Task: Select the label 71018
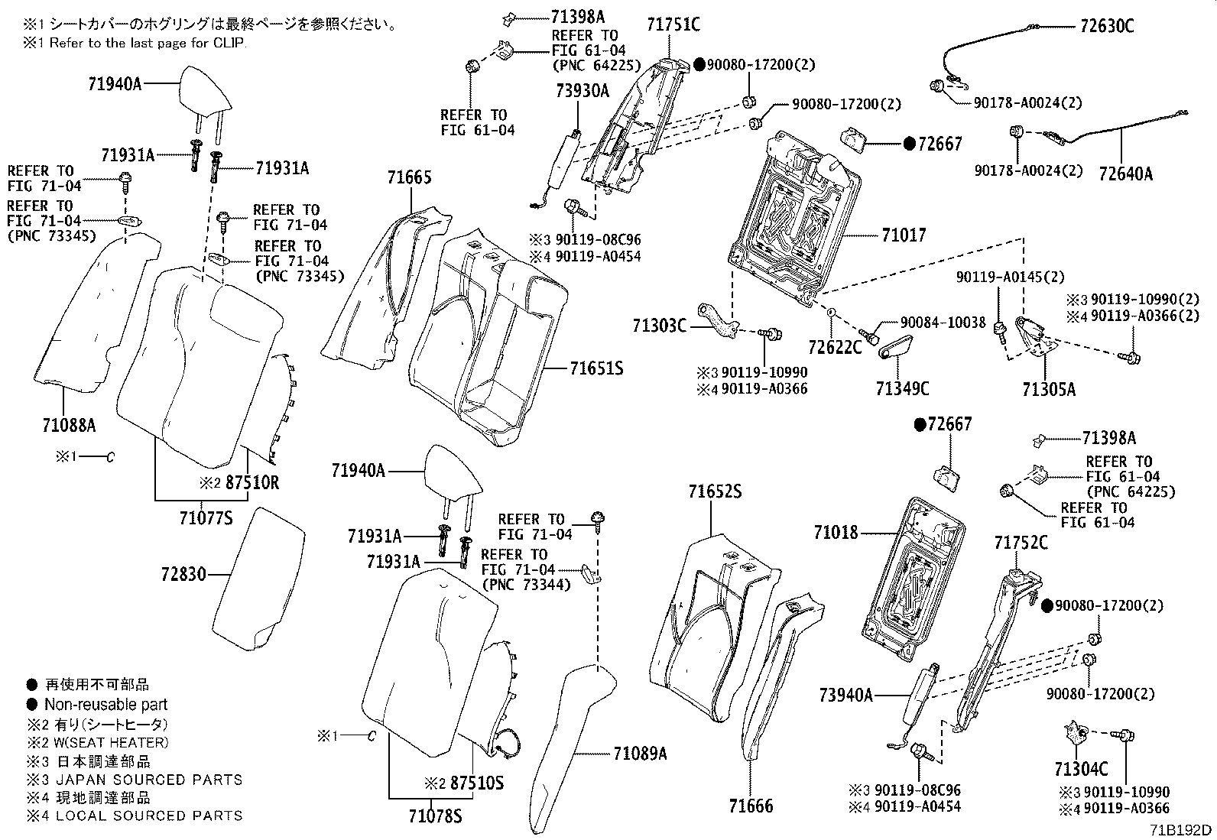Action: coord(836,532)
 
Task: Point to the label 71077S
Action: coord(206,519)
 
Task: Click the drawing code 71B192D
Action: coord(1182,829)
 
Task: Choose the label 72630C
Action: coord(1107,26)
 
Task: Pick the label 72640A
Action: coord(1125,174)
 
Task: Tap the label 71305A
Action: coord(1049,389)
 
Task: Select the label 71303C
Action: coord(660,326)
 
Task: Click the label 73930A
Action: coord(583,91)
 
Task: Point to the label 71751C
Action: coord(673,24)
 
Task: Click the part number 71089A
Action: coord(640,754)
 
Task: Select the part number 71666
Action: coord(751,806)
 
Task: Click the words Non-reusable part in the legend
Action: coord(105,705)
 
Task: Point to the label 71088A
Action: coord(68,424)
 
